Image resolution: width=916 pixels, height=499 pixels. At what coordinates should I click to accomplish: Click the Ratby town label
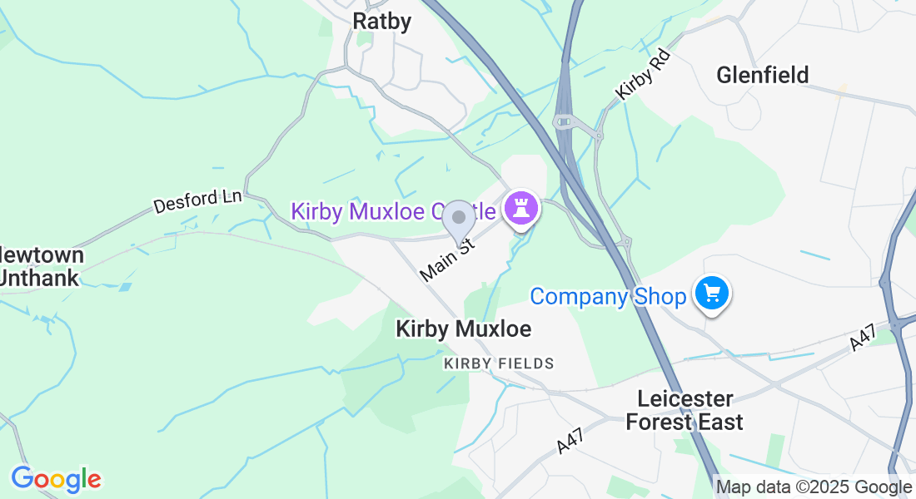[382, 21]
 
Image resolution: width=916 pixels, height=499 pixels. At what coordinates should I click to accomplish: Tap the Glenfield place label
[762, 76]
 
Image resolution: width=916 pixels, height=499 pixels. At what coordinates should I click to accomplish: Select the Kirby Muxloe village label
[463, 329]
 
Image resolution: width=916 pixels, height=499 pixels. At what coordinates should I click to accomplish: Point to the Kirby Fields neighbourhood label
[499, 363]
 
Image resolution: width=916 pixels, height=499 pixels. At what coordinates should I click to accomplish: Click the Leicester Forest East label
[685, 410]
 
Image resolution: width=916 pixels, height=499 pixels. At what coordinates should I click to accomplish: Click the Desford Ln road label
[197, 201]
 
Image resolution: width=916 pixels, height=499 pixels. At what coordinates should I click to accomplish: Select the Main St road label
[447, 259]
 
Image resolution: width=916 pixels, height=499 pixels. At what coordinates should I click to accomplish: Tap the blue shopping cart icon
[712, 294]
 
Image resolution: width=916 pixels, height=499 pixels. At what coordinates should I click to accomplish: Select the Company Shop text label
[608, 296]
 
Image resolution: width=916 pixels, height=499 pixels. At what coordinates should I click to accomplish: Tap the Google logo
[56, 479]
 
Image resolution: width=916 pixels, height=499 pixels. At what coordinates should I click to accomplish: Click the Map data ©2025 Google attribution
[814, 487]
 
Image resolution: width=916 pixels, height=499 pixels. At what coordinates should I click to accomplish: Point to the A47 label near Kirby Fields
[570, 440]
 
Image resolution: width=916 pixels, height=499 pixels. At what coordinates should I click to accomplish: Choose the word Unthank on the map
[40, 278]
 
